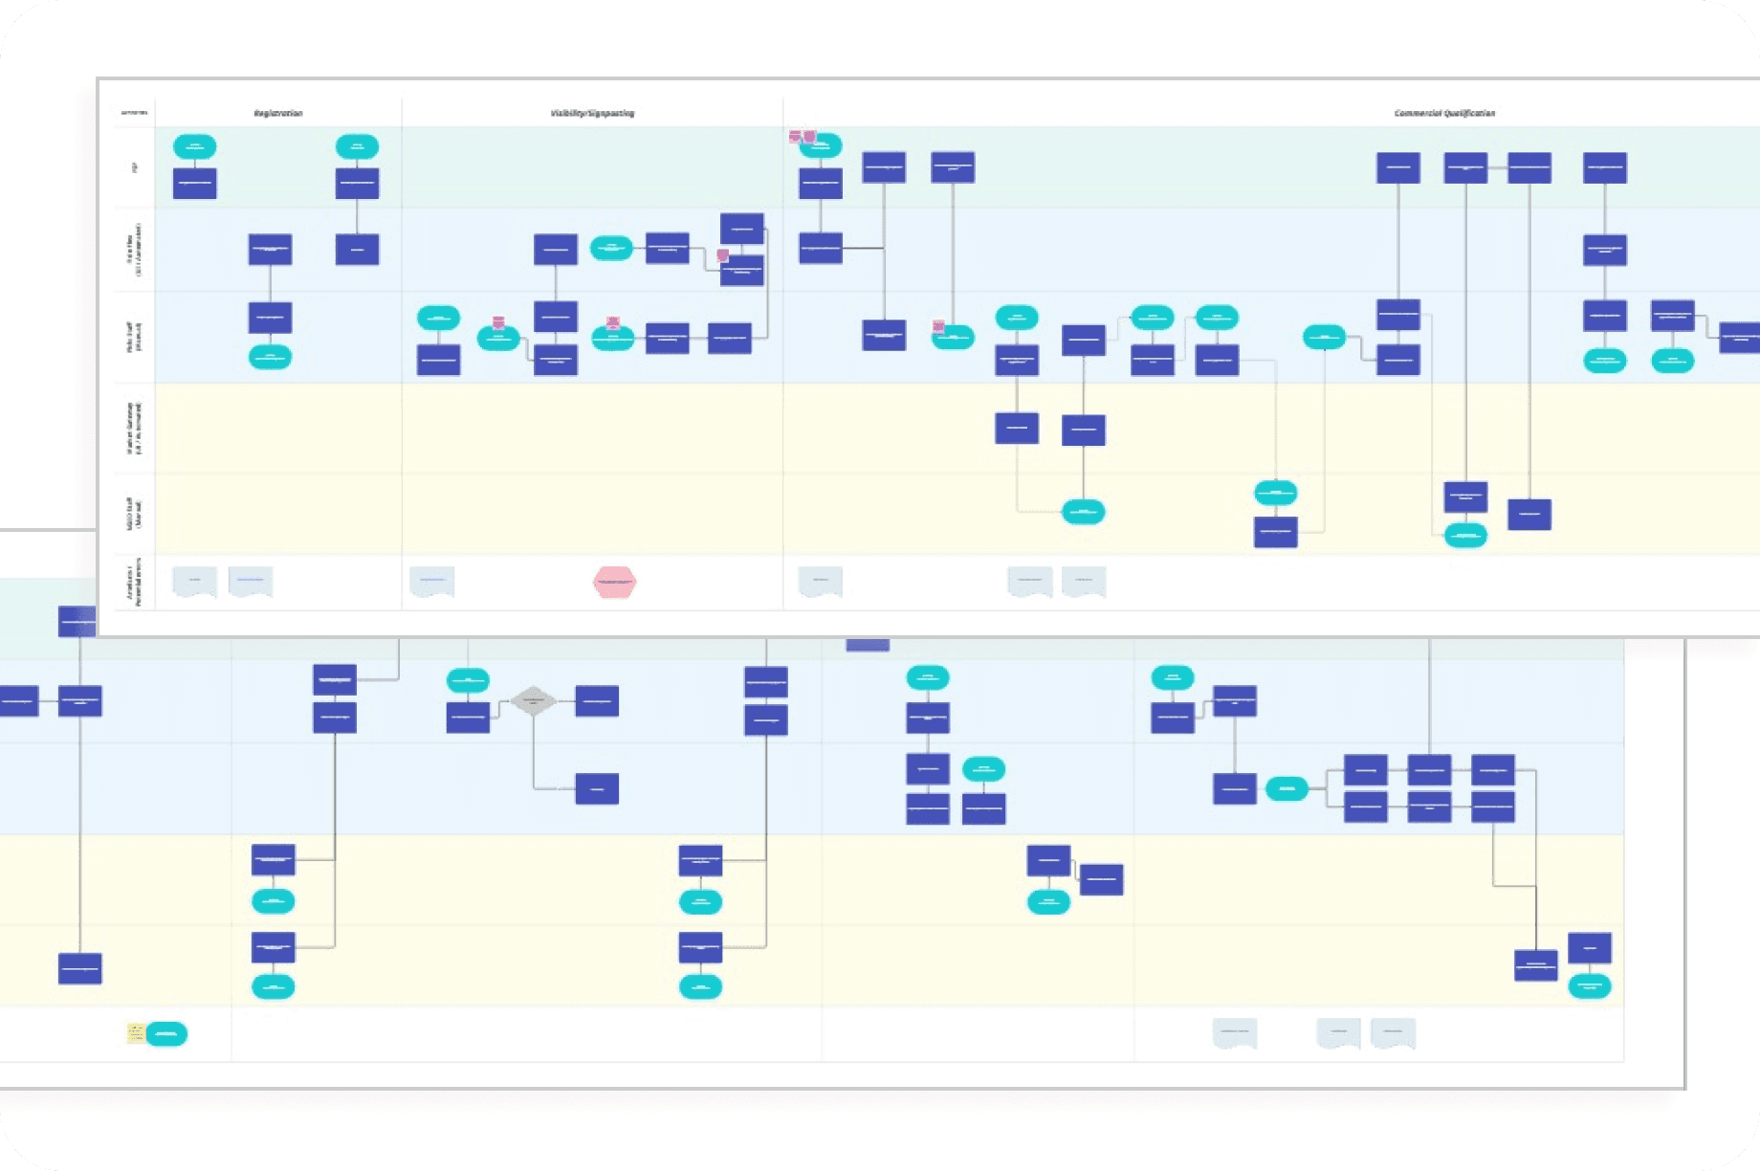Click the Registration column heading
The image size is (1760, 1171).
pyautogui.click(x=278, y=113)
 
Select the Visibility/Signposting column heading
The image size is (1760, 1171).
pyautogui.click(x=592, y=113)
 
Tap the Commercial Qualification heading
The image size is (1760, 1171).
pyautogui.click(x=1444, y=113)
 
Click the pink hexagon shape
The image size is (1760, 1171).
pyautogui.click(x=614, y=582)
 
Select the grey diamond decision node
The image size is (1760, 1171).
pyautogui.click(x=533, y=701)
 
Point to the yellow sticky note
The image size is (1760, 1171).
pyautogui.click(x=136, y=1033)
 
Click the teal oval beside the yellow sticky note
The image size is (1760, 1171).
pyautogui.click(x=166, y=1033)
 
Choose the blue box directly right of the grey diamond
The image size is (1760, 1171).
pyautogui.click(x=597, y=701)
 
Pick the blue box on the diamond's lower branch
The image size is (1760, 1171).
pyautogui.click(x=597, y=788)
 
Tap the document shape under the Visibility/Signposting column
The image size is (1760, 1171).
pyautogui.click(x=432, y=582)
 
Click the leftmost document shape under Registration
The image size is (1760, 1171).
pyautogui.click(x=194, y=582)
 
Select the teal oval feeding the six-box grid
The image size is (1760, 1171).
pyautogui.click(x=1287, y=788)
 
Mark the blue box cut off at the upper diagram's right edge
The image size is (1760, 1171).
pyautogui.click(x=1741, y=338)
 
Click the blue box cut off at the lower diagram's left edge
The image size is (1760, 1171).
pyautogui.click(x=17, y=701)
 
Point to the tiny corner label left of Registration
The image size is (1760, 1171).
pyautogui.click(x=134, y=113)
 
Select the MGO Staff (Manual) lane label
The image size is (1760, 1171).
pyautogui.click(x=136, y=514)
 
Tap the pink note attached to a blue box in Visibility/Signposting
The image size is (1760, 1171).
pyautogui.click(x=723, y=255)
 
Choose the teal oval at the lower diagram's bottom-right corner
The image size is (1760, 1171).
pyautogui.click(x=1590, y=985)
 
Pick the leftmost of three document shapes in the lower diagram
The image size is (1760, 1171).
pyautogui.click(x=1235, y=1033)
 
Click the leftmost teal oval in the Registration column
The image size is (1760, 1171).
pyautogui.click(x=195, y=146)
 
